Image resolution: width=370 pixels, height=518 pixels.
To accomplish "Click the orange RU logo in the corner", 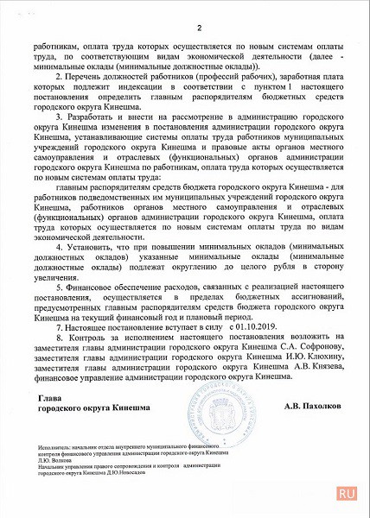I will [x=347, y=492].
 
